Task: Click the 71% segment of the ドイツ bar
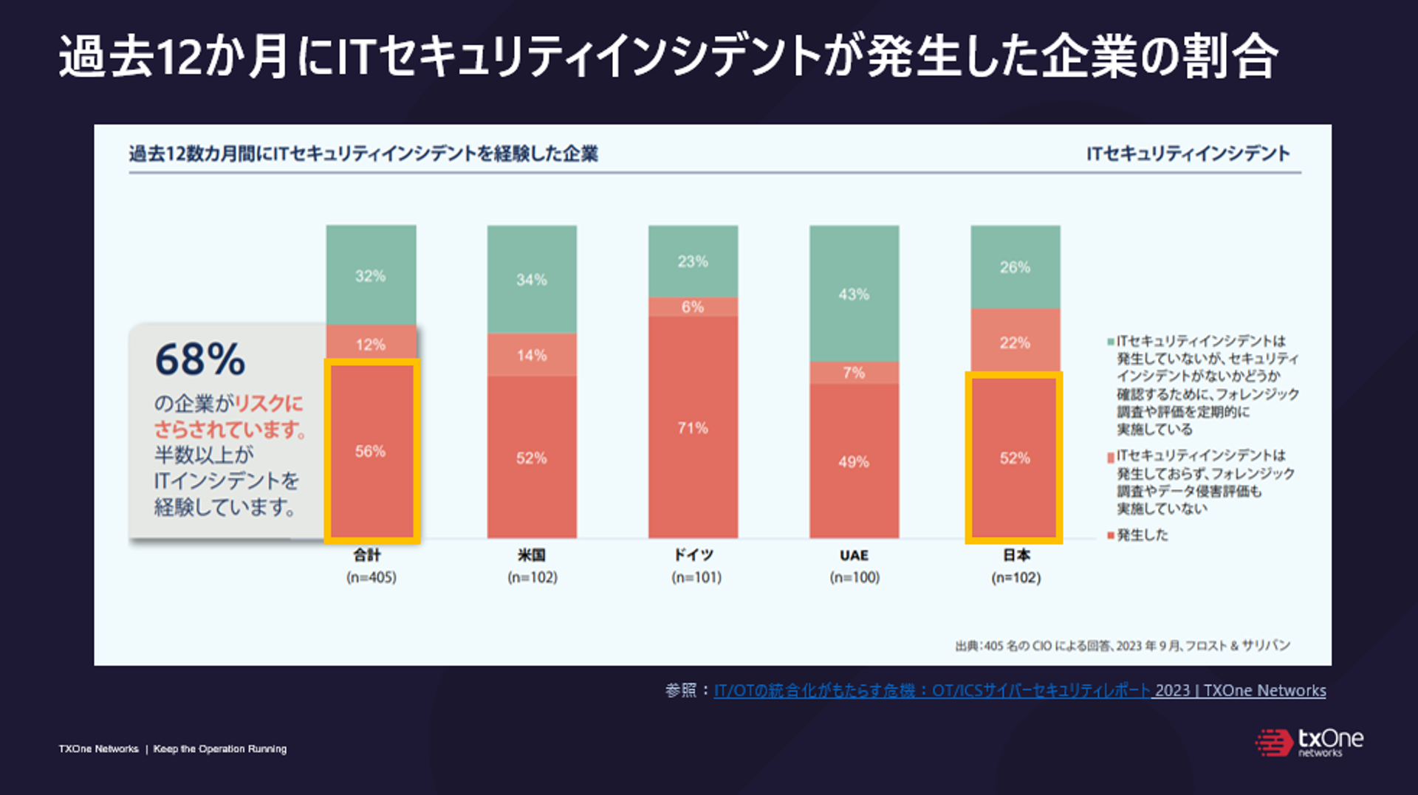coord(693,427)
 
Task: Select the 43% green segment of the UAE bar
coord(854,294)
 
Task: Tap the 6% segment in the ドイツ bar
coord(693,306)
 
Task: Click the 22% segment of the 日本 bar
coord(1015,342)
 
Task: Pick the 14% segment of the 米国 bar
coord(532,355)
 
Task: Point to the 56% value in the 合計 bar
coord(370,451)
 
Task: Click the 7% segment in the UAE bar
coord(854,373)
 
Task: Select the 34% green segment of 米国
coord(532,279)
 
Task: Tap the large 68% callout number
coord(199,359)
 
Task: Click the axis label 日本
coord(1015,555)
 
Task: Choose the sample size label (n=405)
coord(371,577)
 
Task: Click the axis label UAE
coord(854,555)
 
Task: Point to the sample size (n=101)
coord(696,577)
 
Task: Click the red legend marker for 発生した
coord(1110,535)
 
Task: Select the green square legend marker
coord(1110,342)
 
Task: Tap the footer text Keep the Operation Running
coord(219,748)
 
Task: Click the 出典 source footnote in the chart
coord(1122,646)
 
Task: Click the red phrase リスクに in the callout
coord(269,403)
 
